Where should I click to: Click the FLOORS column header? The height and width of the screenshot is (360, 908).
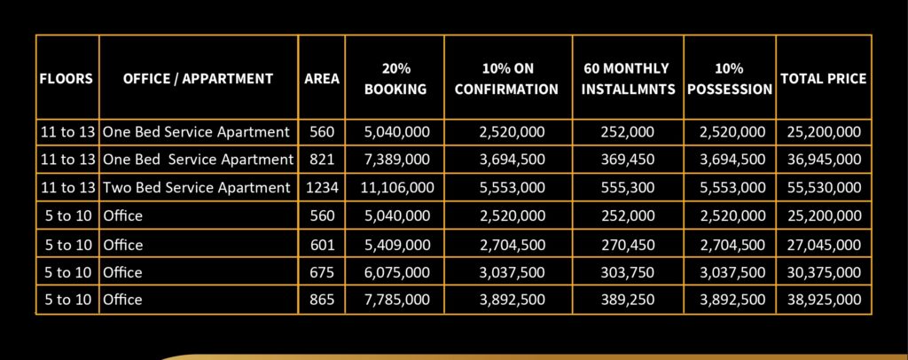(67, 79)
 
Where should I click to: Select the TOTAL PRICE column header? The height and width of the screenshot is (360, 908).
(823, 79)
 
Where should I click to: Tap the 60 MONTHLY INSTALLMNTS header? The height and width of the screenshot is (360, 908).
(627, 79)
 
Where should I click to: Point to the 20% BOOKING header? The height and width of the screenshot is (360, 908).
(395, 79)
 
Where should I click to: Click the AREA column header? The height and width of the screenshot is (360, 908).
(322, 79)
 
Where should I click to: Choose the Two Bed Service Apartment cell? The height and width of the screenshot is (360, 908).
(197, 188)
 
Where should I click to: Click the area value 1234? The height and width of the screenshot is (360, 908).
(322, 188)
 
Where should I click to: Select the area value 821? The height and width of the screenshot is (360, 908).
(322, 160)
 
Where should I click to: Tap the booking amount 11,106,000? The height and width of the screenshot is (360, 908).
(395, 188)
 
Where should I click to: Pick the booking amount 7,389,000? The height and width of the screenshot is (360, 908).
(395, 160)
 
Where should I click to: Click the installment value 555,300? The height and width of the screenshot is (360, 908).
(627, 188)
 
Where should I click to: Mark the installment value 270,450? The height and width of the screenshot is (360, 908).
(627, 244)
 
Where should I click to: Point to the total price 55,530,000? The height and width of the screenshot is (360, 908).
(823, 188)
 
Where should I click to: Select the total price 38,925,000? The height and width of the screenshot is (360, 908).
(823, 300)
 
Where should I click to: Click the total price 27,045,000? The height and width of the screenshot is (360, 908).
(823, 244)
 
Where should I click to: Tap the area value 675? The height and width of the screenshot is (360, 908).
(322, 272)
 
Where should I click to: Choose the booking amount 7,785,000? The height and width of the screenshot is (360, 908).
(395, 300)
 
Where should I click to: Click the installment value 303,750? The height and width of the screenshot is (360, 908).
(627, 272)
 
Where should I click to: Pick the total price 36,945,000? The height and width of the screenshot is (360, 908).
(823, 160)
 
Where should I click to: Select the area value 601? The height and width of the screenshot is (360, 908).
(322, 244)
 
